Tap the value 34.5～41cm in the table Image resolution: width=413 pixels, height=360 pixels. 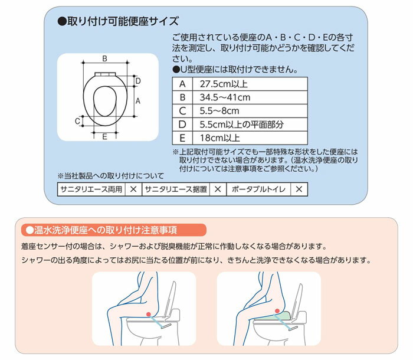tap(225, 97)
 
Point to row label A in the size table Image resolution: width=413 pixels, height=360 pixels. tap(182, 83)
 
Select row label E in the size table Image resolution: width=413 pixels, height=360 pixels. tap(182, 138)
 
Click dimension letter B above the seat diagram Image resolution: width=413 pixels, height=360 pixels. tap(104, 58)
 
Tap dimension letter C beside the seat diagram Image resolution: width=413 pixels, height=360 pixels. tap(77, 121)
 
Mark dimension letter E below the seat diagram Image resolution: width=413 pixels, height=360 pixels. tap(104, 137)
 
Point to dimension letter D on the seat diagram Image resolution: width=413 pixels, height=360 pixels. tap(137, 81)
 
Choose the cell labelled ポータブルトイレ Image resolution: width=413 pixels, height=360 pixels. tap(258, 189)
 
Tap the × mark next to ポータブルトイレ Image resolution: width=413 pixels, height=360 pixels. tap(299, 189)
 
